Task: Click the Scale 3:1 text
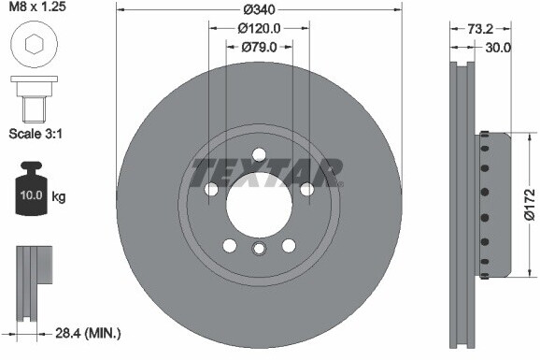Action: coord(36,133)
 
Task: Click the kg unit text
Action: coord(59,196)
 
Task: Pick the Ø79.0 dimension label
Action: coord(260,46)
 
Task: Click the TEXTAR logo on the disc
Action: coord(267,172)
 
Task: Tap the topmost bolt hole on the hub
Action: coord(260,155)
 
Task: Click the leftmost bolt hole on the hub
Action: coord(211,190)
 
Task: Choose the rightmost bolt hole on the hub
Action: coord(306,190)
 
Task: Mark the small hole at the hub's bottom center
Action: coord(260,248)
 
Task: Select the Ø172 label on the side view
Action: coord(529,203)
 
